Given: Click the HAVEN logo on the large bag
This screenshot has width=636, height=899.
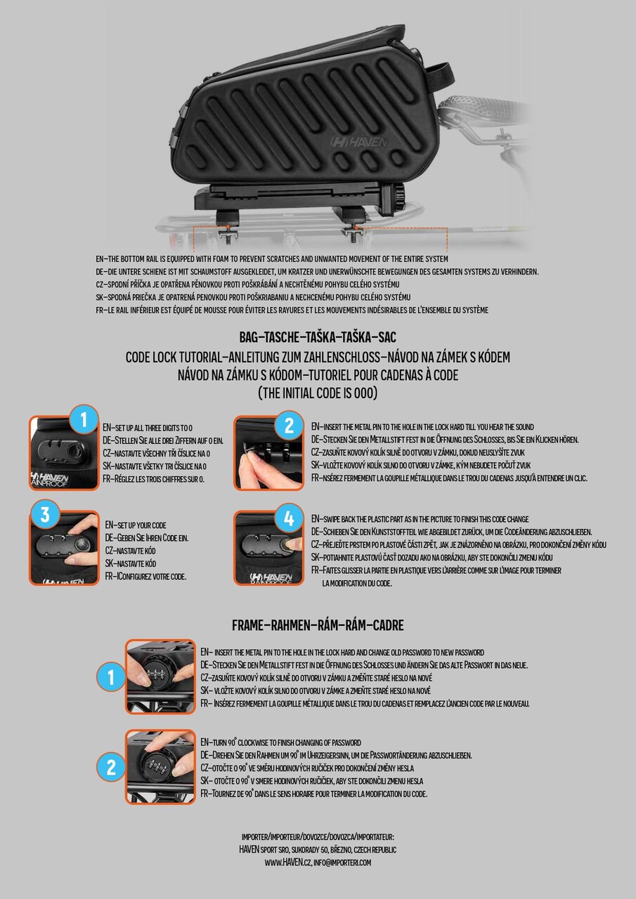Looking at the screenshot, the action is tap(358, 142).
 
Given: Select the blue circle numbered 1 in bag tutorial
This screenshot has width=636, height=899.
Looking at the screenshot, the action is tap(84, 419).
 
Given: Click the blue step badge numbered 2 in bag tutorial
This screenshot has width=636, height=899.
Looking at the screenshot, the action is tap(289, 426).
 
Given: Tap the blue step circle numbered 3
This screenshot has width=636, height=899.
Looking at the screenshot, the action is tap(45, 515).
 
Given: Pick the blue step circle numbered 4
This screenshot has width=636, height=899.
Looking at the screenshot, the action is tap(289, 518).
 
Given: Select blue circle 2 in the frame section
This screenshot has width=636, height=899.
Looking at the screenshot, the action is tap(111, 768).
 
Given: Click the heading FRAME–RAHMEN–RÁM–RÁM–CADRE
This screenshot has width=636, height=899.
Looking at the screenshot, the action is tap(318, 625).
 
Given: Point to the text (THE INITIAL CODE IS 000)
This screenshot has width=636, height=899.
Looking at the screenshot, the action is tap(318, 393).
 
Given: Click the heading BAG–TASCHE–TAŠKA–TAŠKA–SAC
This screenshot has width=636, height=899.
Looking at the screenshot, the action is tap(318, 337).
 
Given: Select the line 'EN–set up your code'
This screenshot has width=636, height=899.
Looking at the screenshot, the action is tap(136, 525).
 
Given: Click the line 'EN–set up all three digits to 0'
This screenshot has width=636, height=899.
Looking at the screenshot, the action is tap(148, 428).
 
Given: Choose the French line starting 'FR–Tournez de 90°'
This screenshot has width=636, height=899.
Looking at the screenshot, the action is tap(314, 794).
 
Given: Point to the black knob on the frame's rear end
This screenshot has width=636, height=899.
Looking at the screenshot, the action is tap(398, 197).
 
